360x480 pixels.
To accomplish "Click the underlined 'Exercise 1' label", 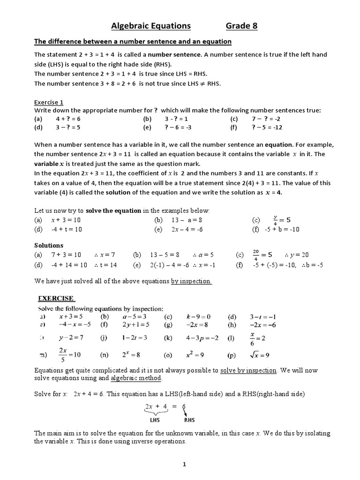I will [x=49, y=102].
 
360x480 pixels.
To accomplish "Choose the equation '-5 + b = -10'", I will [x=282, y=229].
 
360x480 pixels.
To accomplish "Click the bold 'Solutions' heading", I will [x=49, y=245].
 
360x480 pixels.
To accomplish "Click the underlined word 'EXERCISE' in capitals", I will [x=56, y=298].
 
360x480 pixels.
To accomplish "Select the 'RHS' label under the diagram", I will [x=189, y=420].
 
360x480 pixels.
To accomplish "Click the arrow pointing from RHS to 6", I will [x=187, y=412].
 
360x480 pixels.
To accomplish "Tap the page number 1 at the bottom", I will [x=185, y=465].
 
